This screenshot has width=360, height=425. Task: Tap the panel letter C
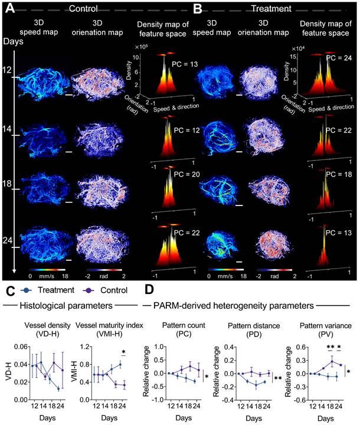tap(8, 291)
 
